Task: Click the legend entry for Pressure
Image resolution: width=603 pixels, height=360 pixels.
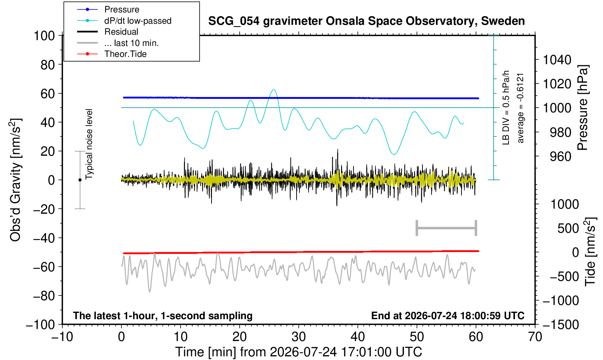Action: (x=108, y=9)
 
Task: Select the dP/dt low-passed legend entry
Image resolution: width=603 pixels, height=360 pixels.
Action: (x=124, y=21)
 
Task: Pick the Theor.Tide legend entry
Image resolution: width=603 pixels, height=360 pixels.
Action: (x=112, y=54)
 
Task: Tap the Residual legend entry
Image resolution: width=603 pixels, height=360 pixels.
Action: (x=108, y=32)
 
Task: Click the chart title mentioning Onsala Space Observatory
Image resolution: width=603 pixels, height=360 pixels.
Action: (x=366, y=21)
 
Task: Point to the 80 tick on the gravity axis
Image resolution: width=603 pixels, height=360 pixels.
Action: (x=48, y=65)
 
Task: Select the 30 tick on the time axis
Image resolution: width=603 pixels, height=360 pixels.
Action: (x=298, y=337)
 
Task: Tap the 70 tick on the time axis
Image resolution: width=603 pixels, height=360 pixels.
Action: (x=535, y=337)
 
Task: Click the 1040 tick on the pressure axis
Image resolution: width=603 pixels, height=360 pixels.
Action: (x=557, y=60)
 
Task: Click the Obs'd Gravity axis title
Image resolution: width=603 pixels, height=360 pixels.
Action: (x=15, y=180)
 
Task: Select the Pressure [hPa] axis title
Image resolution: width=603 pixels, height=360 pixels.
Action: (x=583, y=108)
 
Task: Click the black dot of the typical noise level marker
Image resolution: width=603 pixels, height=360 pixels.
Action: (x=80, y=180)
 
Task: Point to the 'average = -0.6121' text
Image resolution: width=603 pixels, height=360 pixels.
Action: (x=520, y=108)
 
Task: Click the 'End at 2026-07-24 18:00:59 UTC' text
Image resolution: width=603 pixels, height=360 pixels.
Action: (x=448, y=316)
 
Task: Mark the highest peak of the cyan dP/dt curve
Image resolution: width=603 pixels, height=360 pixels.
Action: (x=274, y=89)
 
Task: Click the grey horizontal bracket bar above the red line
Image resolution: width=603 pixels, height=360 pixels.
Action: (x=447, y=228)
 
